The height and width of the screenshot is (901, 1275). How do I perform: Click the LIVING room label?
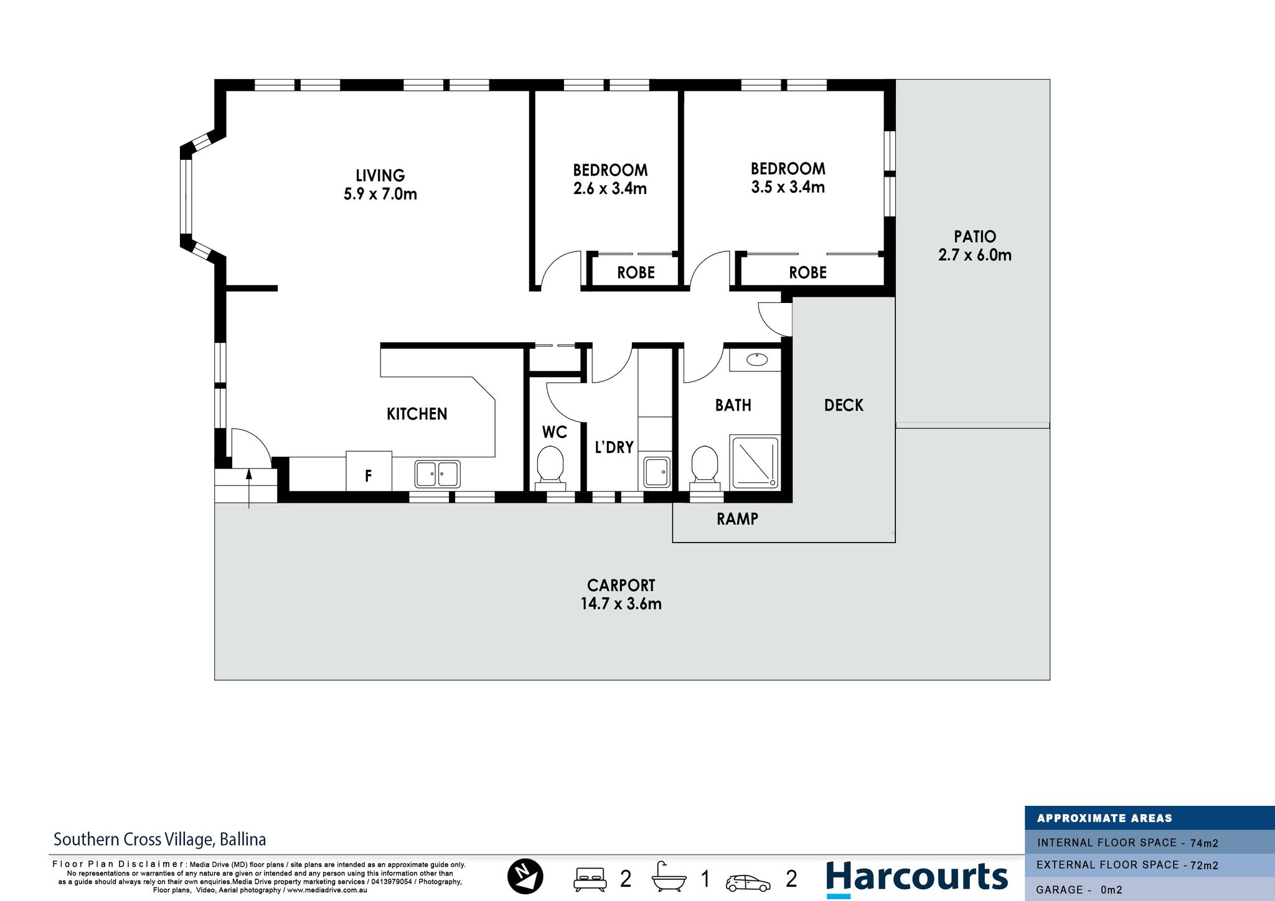[x=380, y=175]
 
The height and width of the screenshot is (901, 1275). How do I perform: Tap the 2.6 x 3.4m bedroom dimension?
[x=610, y=189]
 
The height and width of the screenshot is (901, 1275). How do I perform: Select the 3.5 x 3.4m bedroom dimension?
[x=788, y=187]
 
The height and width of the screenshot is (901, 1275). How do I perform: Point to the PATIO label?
[x=975, y=236]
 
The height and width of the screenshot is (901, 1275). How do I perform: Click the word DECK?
[x=844, y=405]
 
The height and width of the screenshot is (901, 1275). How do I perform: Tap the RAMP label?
[x=737, y=519]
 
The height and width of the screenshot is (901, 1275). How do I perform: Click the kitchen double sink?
[x=438, y=474]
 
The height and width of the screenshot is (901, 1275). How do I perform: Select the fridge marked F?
[x=369, y=471]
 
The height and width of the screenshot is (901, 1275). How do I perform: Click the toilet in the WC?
[x=550, y=464]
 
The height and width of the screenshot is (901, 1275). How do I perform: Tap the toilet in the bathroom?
[x=705, y=465]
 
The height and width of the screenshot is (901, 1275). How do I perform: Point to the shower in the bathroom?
[x=755, y=462]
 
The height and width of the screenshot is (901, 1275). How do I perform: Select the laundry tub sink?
[x=656, y=472]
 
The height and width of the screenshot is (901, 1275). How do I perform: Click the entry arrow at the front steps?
[x=249, y=489]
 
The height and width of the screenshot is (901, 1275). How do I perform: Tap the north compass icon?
[x=525, y=877]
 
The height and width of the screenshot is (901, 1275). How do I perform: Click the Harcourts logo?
[x=916, y=878]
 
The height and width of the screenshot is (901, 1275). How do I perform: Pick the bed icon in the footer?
[x=590, y=878]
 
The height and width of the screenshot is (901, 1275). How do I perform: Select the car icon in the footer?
[x=748, y=883]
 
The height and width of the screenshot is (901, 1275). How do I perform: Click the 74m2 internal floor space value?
[x=1204, y=843]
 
